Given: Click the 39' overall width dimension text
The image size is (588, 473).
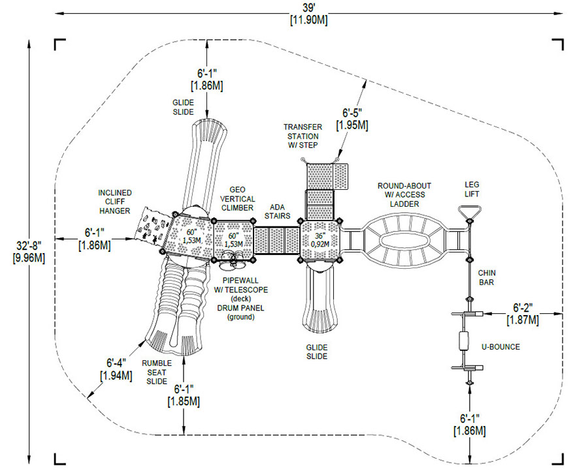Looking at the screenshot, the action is pos(308,14).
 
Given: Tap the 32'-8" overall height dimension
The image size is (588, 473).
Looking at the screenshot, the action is pos(29,252).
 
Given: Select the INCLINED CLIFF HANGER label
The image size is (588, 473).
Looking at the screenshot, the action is pos(115,202).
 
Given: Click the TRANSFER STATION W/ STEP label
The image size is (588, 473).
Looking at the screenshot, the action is pos(302,136).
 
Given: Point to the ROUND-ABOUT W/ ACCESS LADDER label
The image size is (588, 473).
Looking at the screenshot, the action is pos(404,194).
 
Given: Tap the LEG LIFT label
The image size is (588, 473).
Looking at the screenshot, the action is pos(472,189).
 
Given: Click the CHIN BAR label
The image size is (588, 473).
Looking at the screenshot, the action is pos(486,277).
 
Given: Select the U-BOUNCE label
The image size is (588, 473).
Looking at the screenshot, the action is pos(500,347).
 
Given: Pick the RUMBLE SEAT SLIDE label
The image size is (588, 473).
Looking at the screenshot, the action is pos(157,373).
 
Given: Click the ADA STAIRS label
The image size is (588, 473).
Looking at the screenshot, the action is pos(278,211).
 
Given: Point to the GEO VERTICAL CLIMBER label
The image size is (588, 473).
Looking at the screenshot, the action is pos(237,199).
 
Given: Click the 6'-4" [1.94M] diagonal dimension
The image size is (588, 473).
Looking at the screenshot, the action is pos(116,369).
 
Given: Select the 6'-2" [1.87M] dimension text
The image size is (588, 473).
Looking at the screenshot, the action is pos(523,314).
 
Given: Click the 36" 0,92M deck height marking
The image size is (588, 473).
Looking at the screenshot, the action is pos(319,240).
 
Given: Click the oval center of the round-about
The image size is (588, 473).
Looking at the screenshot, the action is pos(404,239).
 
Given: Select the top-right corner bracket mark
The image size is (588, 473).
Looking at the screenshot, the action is pos(558,44).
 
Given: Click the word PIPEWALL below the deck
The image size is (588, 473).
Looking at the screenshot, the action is pos(235,281).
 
